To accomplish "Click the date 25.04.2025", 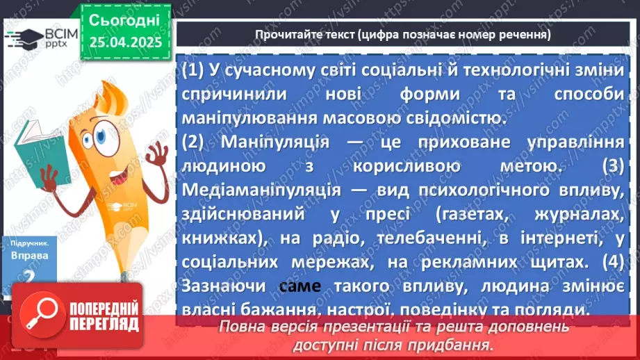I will [x=125, y=42].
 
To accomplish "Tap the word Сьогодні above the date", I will [x=124, y=19].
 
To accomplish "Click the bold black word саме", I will [x=300, y=286].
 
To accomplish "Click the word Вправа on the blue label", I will [x=28, y=256].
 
